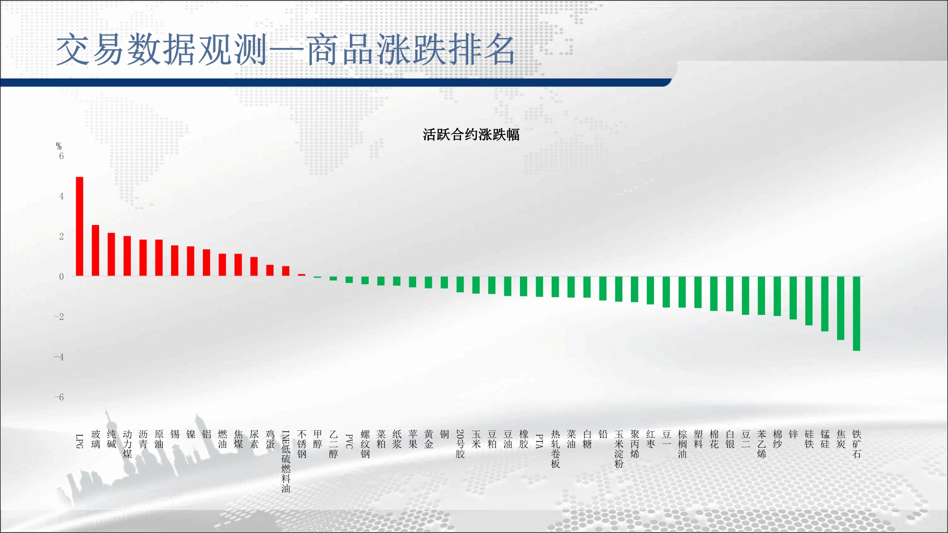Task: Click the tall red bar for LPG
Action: (80, 226)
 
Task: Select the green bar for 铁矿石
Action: (857, 314)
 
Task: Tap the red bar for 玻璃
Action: (95, 251)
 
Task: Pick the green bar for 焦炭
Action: (840, 308)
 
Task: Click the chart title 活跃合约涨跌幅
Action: (471, 135)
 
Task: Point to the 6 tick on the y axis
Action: (61, 156)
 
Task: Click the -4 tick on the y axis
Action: (59, 357)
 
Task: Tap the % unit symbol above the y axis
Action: (59, 146)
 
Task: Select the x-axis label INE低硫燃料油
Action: (286, 461)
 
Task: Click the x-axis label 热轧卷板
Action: (556, 449)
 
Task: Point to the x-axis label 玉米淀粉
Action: (619, 449)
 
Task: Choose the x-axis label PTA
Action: (539, 441)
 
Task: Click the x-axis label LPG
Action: (80, 441)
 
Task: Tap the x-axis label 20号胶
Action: (460, 444)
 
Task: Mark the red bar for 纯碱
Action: (111, 254)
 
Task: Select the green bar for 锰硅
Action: (825, 304)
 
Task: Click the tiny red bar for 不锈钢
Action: (301, 275)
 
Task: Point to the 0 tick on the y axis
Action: (61, 277)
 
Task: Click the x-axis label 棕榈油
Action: (682, 444)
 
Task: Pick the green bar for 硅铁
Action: (809, 301)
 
